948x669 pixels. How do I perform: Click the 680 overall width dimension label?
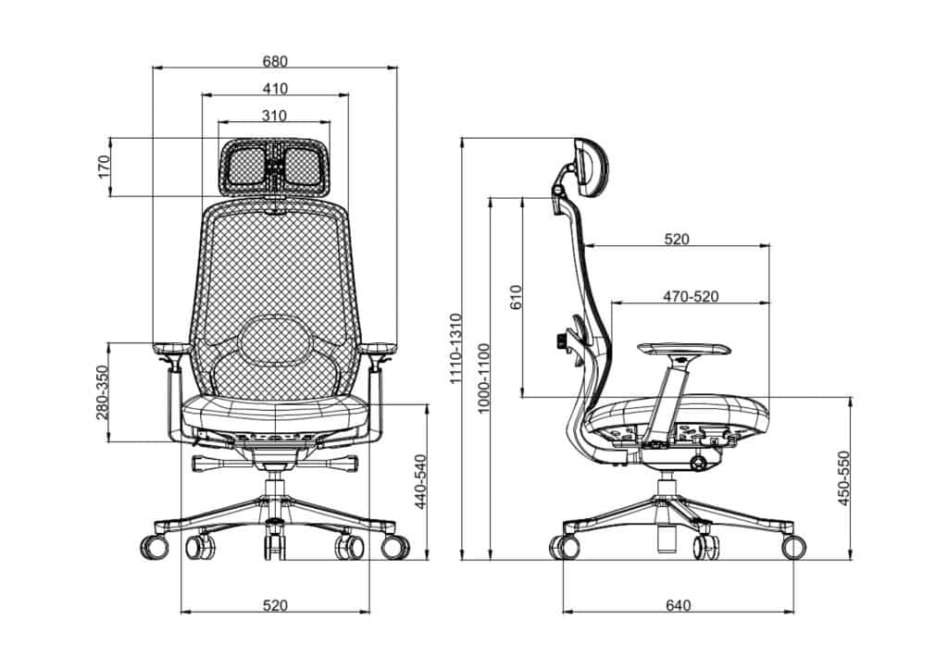pos(275,62)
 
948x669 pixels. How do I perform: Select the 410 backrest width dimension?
pos(275,89)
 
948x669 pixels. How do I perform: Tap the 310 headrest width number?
pos(274,116)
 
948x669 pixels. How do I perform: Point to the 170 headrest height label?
pos(104,167)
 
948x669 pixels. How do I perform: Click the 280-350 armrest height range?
pos(104,392)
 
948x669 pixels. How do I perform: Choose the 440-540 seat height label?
pos(418,482)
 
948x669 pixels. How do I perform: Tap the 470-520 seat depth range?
pos(690,297)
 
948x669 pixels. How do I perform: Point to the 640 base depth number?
pos(678,606)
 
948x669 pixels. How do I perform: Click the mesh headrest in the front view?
pos(275,167)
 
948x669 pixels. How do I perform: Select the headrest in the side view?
pos(589,167)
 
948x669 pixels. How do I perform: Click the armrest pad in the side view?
pos(683,349)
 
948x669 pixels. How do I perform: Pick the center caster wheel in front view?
pos(274,544)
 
